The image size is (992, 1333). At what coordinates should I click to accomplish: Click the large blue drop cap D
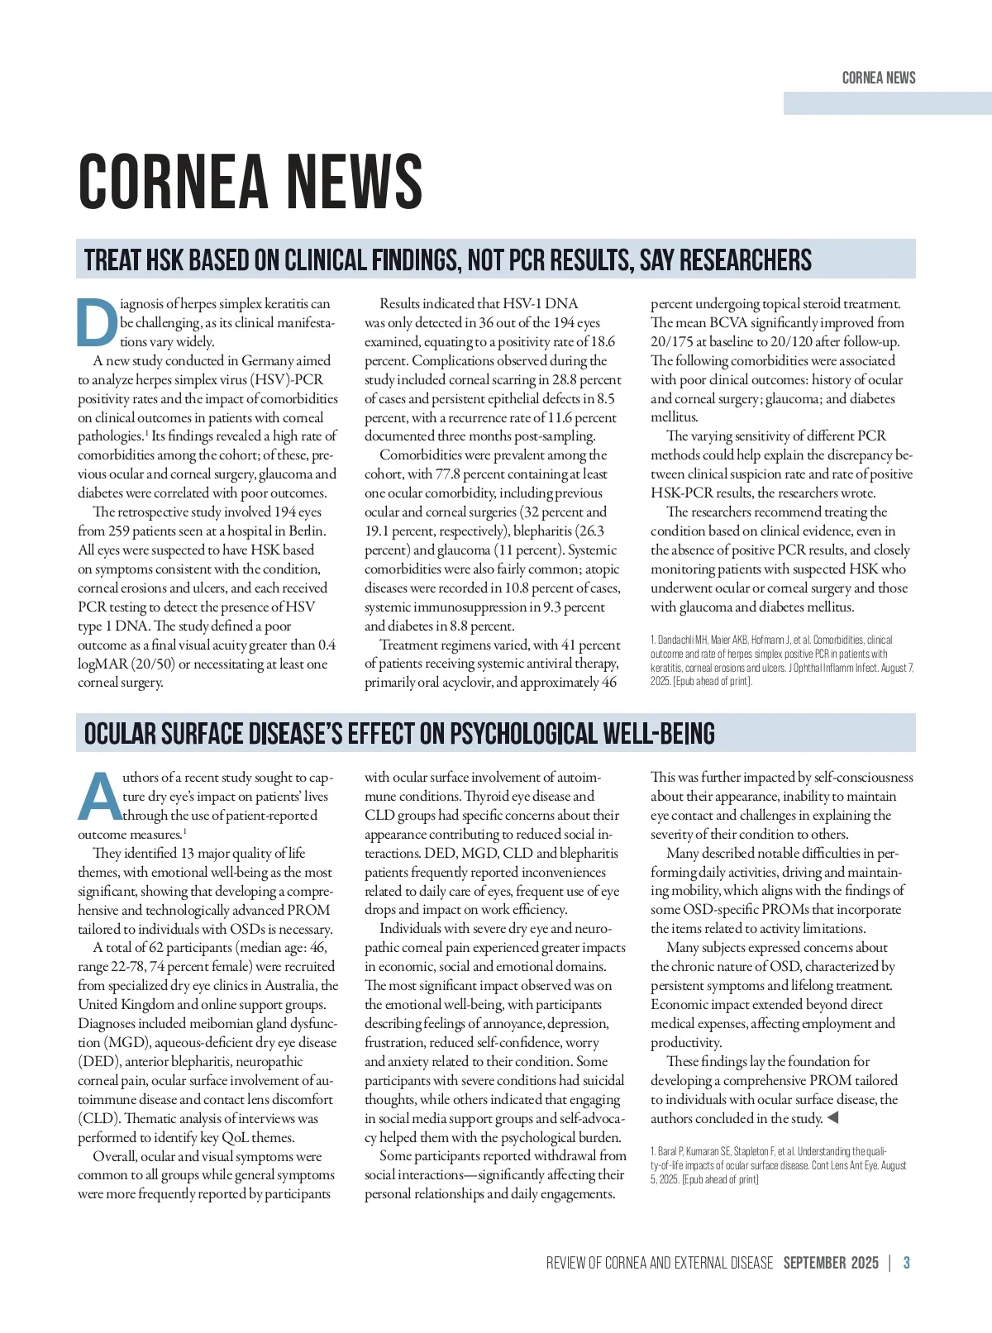(97, 322)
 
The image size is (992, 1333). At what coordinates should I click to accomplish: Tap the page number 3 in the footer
(907, 1263)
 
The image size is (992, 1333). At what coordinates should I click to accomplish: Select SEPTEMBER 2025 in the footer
(831, 1263)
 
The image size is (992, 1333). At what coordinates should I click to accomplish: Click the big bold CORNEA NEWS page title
(250, 182)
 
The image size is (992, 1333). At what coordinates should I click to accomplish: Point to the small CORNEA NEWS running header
(879, 79)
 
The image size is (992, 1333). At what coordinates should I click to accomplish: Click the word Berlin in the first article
(307, 531)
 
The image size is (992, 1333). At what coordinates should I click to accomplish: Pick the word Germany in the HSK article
(268, 360)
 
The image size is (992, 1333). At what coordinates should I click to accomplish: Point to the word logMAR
(103, 664)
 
